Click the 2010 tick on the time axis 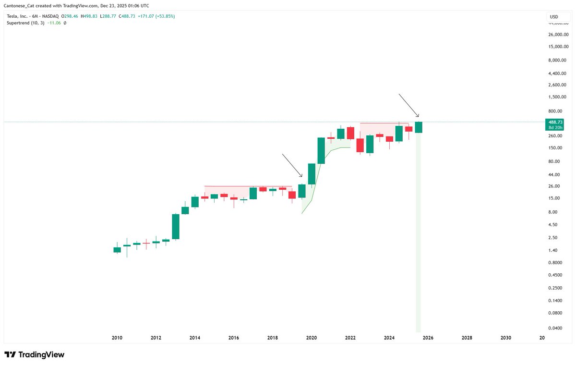coord(117,338)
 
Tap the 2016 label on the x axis coord(234,338)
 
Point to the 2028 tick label coord(467,338)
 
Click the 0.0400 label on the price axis coord(556,328)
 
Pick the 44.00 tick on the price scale coord(554,174)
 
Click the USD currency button coord(554,17)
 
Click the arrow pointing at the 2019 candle coord(292,165)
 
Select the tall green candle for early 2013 coord(176,226)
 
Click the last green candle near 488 coord(419,127)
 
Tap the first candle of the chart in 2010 coord(117,250)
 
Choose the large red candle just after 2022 coord(360,146)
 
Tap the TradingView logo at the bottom coord(35,354)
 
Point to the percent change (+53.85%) coord(163,16)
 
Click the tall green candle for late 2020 coord(321,151)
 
